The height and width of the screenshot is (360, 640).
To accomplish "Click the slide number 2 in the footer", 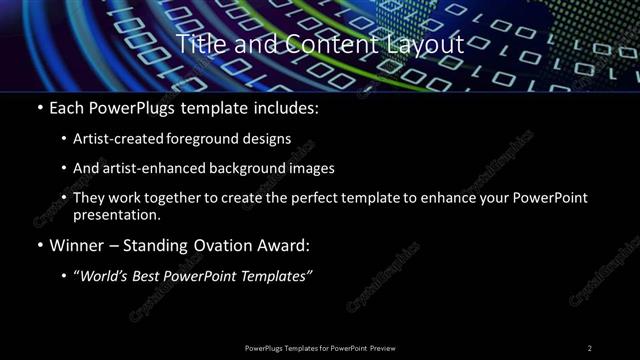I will point(590,348).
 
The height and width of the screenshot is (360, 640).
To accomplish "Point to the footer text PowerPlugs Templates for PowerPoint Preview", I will point(320,348).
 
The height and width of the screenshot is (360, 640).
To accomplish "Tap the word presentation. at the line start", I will point(116,215).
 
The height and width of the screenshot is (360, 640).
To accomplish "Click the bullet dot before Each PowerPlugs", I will point(39,108).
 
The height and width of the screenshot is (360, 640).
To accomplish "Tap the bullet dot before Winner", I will point(39,246).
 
